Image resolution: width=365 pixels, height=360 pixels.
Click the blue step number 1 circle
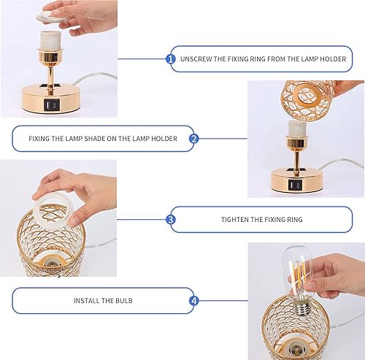[x=171, y=58]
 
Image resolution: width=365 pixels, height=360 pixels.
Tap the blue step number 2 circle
[x=194, y=138]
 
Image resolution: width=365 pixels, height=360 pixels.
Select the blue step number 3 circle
[x=171, y=219]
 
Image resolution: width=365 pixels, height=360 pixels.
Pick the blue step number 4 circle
[x=194, y=300]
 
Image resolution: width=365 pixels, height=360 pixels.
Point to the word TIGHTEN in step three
[x=237, y=219]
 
